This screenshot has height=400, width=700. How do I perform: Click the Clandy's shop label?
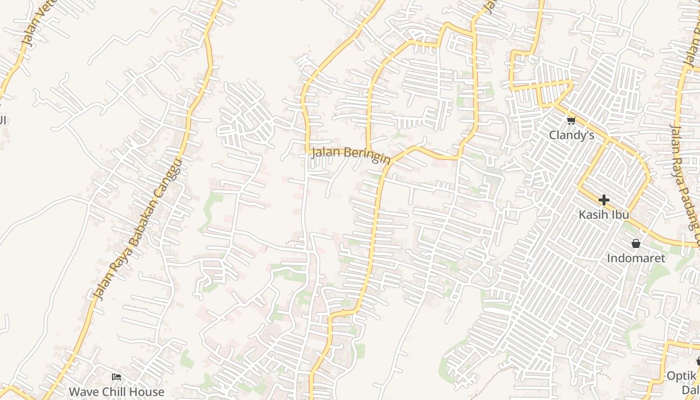pos(571,135)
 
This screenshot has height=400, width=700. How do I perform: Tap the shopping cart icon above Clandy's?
pos(571,120)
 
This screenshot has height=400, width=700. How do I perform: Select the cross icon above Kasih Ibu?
pos(603,200)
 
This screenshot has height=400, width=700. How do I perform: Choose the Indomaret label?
pos(636,258)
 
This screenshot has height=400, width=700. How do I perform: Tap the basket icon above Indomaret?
pos(636,244)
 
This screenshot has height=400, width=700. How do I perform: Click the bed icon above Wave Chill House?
pos(116,377)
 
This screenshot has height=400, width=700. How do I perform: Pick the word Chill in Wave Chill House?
pos(113,391)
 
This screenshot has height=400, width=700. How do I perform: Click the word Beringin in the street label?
pos(367,155)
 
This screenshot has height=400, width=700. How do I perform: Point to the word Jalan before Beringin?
pos(326,151)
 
